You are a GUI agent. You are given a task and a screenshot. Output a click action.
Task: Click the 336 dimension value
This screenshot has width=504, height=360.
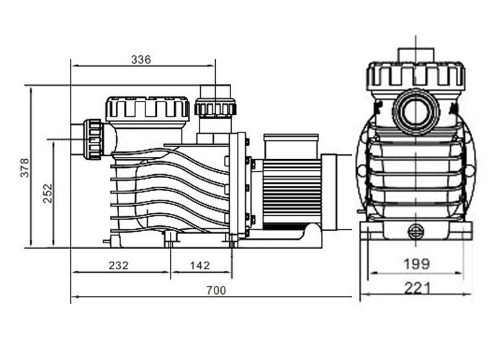click(x=140, y=60)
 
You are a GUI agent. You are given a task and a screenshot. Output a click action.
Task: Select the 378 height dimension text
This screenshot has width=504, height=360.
click(x=24, y=166)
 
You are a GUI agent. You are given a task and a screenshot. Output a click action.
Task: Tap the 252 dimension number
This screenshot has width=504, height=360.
click(x=48, y=192)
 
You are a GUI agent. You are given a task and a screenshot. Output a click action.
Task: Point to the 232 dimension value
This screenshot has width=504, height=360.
click(x=118, y=265)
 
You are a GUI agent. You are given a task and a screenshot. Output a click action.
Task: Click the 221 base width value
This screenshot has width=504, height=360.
click(x=416, y=288)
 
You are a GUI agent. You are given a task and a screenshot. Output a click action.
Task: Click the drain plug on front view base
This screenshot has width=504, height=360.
click(x=415, y=231)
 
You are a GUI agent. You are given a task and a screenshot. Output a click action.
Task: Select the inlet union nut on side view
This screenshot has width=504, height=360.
click(x=93, y=138)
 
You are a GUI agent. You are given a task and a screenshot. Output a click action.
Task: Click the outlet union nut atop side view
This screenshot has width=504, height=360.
click(x=215, y=108)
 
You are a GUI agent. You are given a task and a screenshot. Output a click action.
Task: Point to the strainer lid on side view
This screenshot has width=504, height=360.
click(x=147, y=109)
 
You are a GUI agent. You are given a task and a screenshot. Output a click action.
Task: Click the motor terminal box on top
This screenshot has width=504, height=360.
click(x=287, y=146)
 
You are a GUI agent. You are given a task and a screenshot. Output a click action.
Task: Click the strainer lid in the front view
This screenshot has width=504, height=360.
click(x=415, y=76)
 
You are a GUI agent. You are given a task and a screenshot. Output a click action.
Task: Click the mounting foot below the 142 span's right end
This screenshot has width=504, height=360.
click(x=231, y=240)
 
